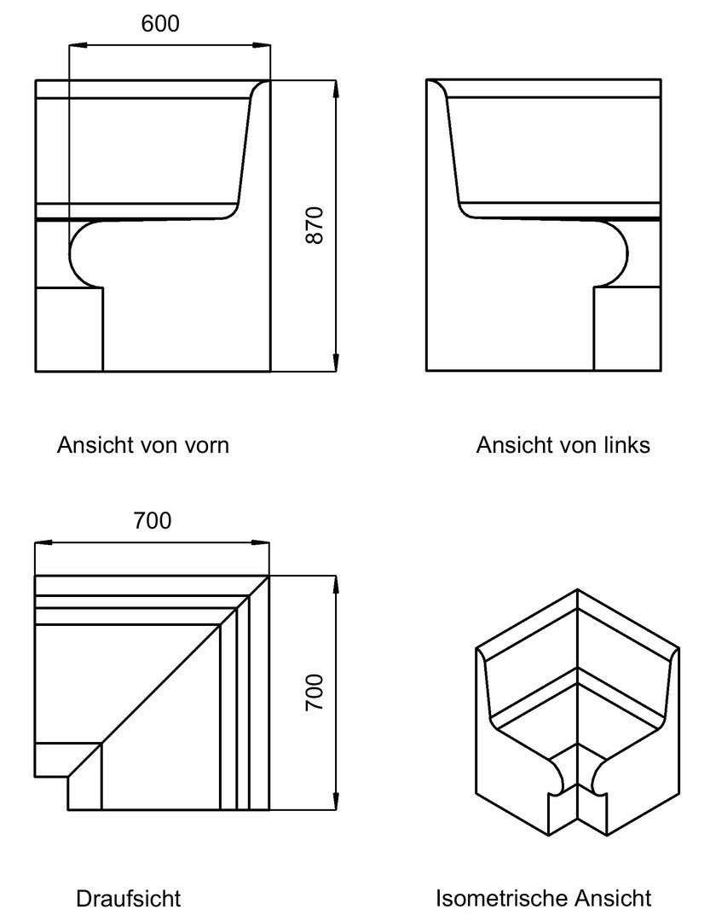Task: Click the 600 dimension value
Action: click(x=160, y=24)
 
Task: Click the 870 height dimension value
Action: click(x=315, y=225)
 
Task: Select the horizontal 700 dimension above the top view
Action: click(x=153, y=520)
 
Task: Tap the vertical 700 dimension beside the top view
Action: click(x=315, y=692)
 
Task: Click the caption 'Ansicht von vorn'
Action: click(x=142, y=445)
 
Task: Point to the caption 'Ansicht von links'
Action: click(x=563, y=445)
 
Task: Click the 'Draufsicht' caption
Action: click(x=129, y=898)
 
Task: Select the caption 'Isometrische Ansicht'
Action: click(x=544, y=898)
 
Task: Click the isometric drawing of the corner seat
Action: click(x=578, y=712)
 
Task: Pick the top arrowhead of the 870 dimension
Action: click(x=335, y=89)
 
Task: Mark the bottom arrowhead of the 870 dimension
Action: click(x=335, y=362)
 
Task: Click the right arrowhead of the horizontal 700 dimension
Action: click(x=261, y=542)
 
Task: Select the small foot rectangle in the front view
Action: click(x=69, y=329)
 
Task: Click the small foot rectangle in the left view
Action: click(x=627, y=328)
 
